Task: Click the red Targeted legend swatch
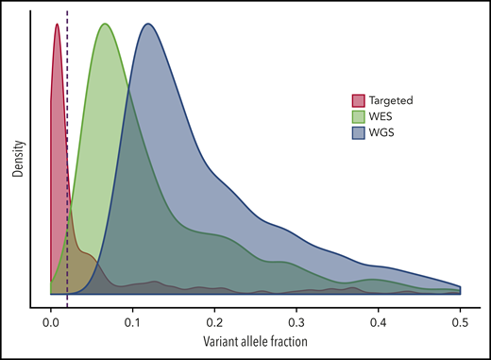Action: click(359, 100)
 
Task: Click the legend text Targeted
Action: click(390, 100)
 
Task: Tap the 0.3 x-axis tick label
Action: click(296, 321)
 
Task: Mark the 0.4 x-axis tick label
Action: click(379, 321)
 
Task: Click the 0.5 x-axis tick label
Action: click(461, 321)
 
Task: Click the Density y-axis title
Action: click(16, 161)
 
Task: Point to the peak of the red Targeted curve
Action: click(57, 25)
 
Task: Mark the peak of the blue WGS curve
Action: click(148, 25)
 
